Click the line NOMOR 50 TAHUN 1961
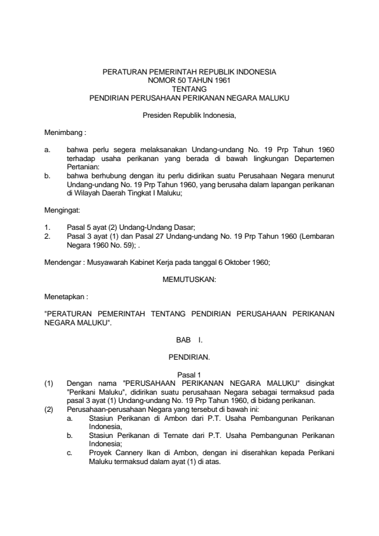point(189,81)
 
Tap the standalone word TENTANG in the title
point(189,90)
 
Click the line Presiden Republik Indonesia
point(189,116)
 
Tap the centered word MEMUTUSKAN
point(189,279)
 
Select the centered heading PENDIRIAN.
point(189,358)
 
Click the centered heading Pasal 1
point(189,376)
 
